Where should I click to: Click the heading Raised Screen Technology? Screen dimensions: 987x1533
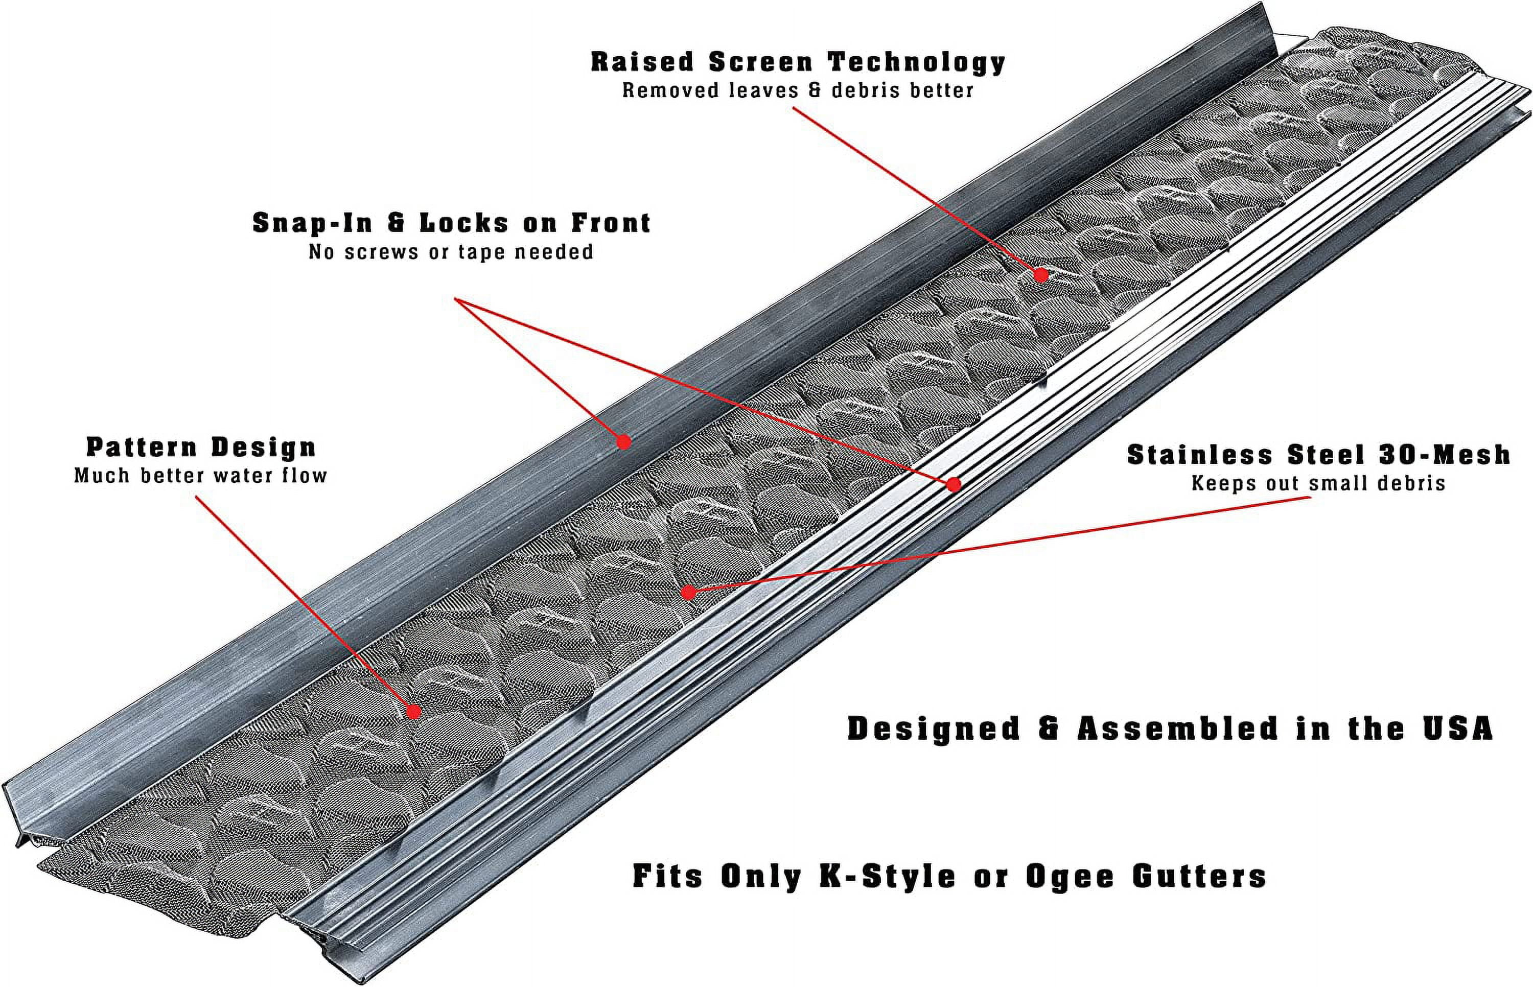[x=798, y=62]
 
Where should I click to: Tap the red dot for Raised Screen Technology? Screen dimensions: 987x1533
[x=1041, y=275]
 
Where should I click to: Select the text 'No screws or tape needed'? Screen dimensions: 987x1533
[x=451, y=252]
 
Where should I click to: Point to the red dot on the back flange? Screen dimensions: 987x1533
[x=623, y=441]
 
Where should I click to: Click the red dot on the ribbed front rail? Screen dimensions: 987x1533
[x=954, y=484]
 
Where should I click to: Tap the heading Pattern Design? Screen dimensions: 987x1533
[x=201, y=448]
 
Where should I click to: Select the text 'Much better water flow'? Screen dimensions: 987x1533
[x=201, y=476]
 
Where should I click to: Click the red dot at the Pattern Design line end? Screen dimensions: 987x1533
[x=414, y=712]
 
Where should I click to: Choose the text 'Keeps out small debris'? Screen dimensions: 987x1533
[x=1318, y=483]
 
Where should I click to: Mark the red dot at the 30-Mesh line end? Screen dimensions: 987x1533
[x=688, y=593]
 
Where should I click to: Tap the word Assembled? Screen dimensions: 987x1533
[x=1178, y=729]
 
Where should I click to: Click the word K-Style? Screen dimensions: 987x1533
[x=888, y=876]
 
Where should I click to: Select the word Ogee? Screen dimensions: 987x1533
[x=1070, y=876]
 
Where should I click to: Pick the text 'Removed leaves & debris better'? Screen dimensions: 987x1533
[x=798, y=90]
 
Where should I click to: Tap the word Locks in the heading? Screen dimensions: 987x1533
[x=464, y=223]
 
